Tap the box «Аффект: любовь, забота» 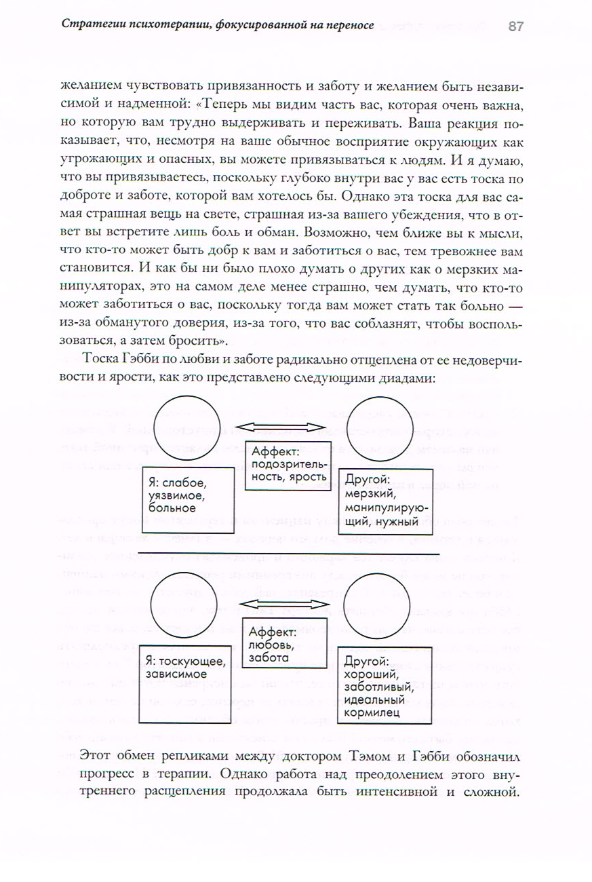point(284,644)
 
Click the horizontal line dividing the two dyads point(285,554)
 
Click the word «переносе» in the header point(346,26)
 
